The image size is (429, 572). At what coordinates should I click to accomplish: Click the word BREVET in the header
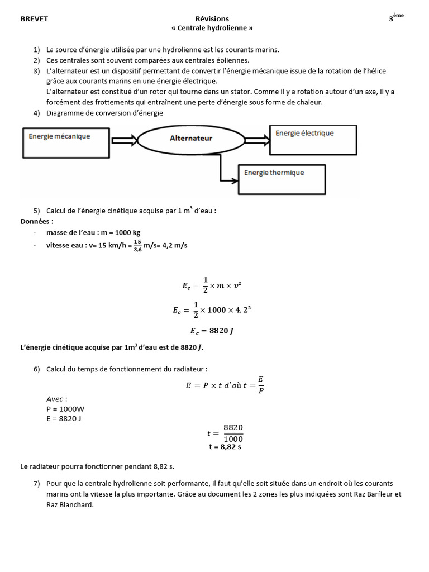[34, 19]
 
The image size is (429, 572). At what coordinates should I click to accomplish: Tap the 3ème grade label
[395, 18]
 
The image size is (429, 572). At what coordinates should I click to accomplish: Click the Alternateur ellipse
[191, 138]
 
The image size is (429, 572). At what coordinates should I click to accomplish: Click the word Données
[37, 222]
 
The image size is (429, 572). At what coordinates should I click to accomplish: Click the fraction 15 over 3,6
[137, 245]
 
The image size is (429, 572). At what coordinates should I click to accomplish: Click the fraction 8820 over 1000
[233, 433]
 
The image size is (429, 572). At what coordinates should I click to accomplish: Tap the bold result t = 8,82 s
[225, 447]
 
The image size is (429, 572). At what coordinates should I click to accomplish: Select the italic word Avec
[56, 399]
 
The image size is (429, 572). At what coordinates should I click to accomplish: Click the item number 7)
[37, 483]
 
